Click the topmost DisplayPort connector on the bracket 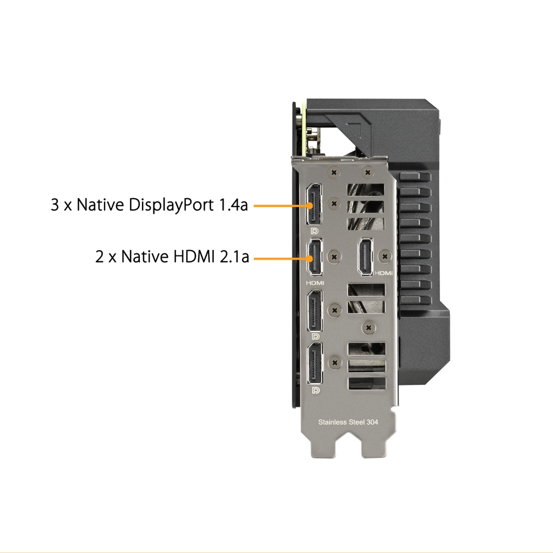click(x=314, y=204)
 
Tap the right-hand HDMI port click(x=366, y=257)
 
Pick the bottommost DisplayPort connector click(x=315, y=363)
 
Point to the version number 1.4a click(x=234, y=205)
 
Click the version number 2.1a click(x=234, y=257)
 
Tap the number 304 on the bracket click(x=372, y=422)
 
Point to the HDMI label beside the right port click(x=383, y=273)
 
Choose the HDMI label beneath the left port click(x=315, y=283)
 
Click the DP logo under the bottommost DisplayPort click(x=316, y=390)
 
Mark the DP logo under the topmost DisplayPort click(x=315, y=231)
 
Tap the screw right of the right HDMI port click(x=385, y=256)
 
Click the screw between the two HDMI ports click(x=335, y=257)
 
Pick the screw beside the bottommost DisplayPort click(x=335, y=362)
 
